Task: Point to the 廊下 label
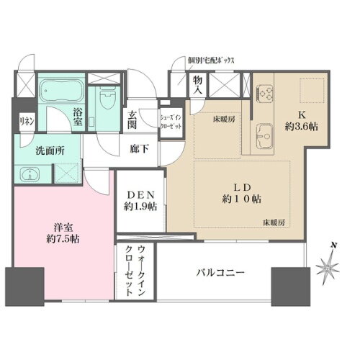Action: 139,149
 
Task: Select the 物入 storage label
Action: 197,86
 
